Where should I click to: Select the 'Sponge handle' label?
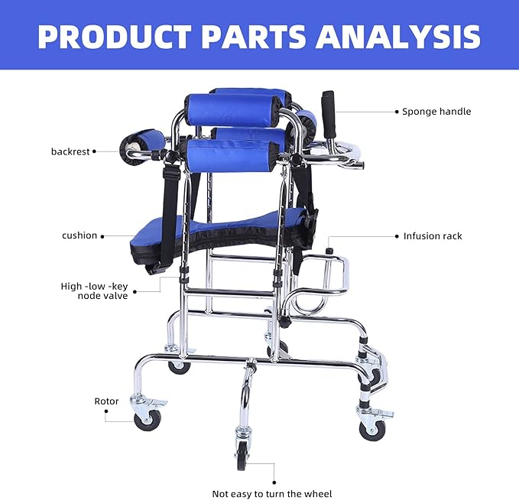pyautogui.click(x=436, y=112)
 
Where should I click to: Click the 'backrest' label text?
pyautogui.click(x=70, y=151)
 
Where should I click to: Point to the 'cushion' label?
pyautogui.click(x=79, y=235)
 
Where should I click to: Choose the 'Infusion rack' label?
pyautogui.click(x=433, y=236)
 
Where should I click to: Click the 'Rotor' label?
pyautogui.click(x=106, y=401)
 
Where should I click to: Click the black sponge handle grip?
pyautogui.click(x=329, y=114)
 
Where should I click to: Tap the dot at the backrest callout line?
pyautogui.click(x=94, y=151)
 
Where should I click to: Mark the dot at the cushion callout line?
pyautogui.click(x=102, y=235)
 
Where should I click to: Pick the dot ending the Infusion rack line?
pyautogui.click(x=396, y=236)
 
